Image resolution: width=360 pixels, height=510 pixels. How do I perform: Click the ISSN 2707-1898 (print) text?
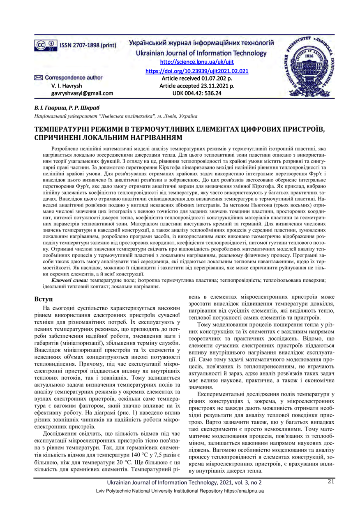(x=88, y=45)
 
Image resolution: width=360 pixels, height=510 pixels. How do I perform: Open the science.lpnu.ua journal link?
(x=196, y=62)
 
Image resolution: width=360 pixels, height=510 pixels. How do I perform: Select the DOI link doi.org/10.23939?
(x=197, y=71)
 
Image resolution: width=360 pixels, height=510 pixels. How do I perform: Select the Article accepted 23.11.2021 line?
(x=197, y=86)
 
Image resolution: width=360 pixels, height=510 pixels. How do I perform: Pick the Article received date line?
(x=197, y=78)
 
